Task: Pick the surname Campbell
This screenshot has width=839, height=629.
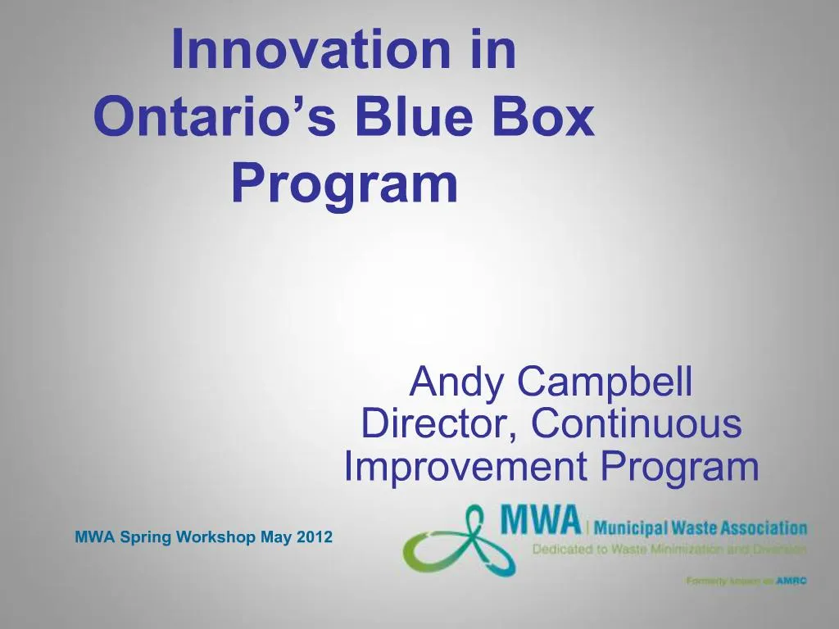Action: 605,381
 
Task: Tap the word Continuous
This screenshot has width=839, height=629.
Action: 636,424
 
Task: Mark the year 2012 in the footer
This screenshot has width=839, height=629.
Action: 315,538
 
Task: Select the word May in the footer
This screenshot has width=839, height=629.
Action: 274,538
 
